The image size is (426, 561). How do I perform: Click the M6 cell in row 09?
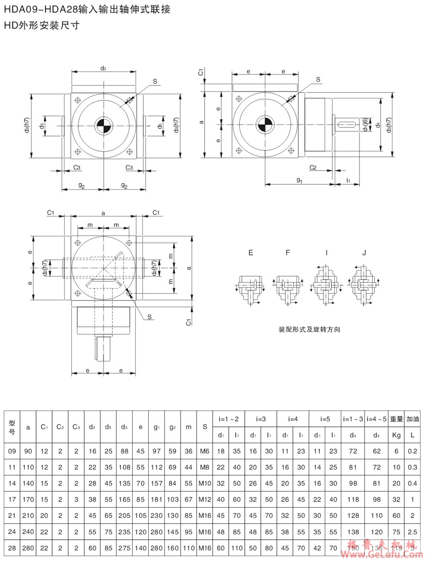(205, 451)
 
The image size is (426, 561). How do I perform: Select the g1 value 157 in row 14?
(156, 483)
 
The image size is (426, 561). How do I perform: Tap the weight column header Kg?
(396, 435)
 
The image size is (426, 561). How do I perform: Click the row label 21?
(12, 516)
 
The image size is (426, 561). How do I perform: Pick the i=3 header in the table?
(261, 419)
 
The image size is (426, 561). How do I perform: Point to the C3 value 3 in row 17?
(76, 499)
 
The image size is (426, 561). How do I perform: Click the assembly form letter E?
(251, 253)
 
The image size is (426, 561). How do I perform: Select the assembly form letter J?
(364, 253)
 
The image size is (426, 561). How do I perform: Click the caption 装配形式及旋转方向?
(309, 330)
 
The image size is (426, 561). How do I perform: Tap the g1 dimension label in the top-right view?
(299, 180)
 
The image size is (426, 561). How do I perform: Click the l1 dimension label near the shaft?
(348, 180)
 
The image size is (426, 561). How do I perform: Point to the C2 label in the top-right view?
(313, 167)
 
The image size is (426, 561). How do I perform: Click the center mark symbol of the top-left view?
(103, 125)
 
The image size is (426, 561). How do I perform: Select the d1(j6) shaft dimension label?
(365, 125)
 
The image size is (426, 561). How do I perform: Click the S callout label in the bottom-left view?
(150, 317)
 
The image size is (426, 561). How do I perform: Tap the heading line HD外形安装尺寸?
(42, 25)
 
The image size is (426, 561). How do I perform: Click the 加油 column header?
(412, 419)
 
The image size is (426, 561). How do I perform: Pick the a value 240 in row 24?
(28, 532)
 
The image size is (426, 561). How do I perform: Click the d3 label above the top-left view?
(103, 68)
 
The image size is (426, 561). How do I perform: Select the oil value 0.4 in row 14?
(412, 483)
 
